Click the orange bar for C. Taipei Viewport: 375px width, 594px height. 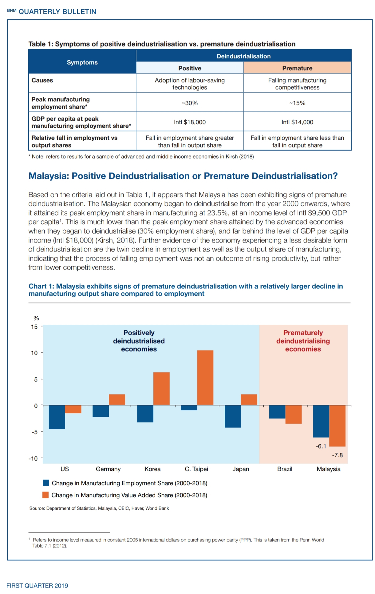[x=205, y=378]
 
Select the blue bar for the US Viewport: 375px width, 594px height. [x=57, y=417]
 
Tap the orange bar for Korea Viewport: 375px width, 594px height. [x=161, y=389]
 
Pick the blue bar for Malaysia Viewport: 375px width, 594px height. [x=321, y=421]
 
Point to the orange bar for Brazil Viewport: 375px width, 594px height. [x=293, y=415]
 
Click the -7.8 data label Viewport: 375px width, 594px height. [x=337, y=455]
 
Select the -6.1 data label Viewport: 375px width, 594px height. [x=321, y=446]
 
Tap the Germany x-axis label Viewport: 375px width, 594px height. [x=108, y=469]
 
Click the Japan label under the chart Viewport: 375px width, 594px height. [x=241, y=469]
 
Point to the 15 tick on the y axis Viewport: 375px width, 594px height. [x=34, y=327]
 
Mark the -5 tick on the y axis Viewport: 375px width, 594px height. [x=34, y=432]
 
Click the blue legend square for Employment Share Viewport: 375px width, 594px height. [x=46, y=483]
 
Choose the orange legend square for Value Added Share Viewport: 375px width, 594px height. [x=46, y=495]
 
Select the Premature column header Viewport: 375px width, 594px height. [x=297, y=68]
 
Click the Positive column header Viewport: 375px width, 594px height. [x=190, y=68]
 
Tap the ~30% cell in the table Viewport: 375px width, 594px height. [x=190, y=103]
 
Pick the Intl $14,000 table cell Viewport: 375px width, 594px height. [x=297, y=122]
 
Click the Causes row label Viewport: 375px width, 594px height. [x=42, y=80]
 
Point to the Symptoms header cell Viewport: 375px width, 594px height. [x=82, y=62]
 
